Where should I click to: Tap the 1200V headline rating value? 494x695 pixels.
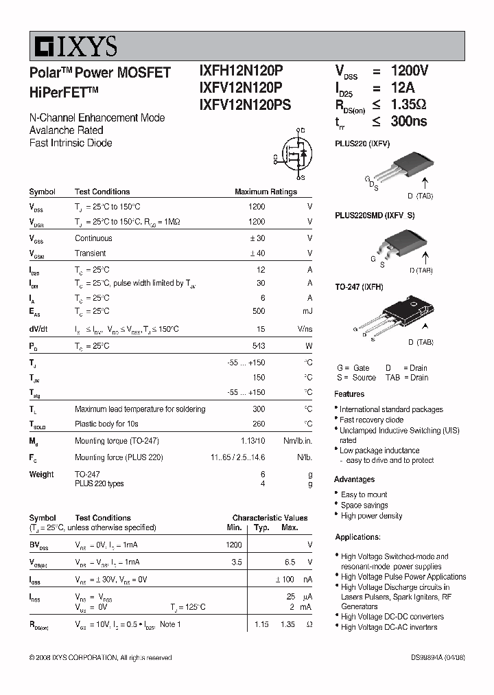point(409,71)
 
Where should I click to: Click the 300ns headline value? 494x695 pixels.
point(409,122)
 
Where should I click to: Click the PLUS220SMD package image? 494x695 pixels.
point(399,243)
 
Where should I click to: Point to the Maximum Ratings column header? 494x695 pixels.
point(266,192)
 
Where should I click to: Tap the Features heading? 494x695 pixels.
point(349,394)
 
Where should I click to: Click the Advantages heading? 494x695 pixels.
point(354,479)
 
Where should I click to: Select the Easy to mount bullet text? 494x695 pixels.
point(364,494)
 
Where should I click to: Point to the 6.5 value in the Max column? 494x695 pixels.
point(290,562)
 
